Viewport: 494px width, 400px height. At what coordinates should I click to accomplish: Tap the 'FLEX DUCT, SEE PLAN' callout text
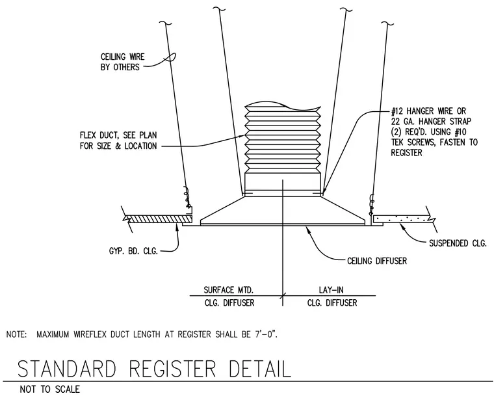point(118,135)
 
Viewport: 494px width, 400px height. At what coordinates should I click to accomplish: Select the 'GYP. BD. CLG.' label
point(133,251)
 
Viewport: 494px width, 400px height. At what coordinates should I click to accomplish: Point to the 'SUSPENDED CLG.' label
point(458,243)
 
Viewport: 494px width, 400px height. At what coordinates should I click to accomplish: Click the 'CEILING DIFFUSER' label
point(377,261)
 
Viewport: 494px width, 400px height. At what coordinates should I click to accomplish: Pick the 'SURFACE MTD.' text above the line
point(228,289)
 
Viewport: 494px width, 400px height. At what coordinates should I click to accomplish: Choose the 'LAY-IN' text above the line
point(331,289)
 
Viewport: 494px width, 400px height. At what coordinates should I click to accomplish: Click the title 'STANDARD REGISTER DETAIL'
point(154,369)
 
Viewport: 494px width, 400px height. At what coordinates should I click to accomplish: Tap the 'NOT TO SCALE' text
point(50,390)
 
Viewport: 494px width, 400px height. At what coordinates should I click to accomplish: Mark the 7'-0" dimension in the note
point(266,334)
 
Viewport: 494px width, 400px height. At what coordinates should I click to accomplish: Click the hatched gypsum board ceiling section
point(159,219)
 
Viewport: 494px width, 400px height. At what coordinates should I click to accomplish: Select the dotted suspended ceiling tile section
point(401,219)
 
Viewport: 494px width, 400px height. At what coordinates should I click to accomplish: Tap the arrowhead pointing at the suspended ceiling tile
point(402,225)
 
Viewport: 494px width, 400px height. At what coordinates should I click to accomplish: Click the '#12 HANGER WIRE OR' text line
point(428,111)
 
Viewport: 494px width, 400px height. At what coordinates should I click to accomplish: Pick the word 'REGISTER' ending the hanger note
point(406,153)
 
